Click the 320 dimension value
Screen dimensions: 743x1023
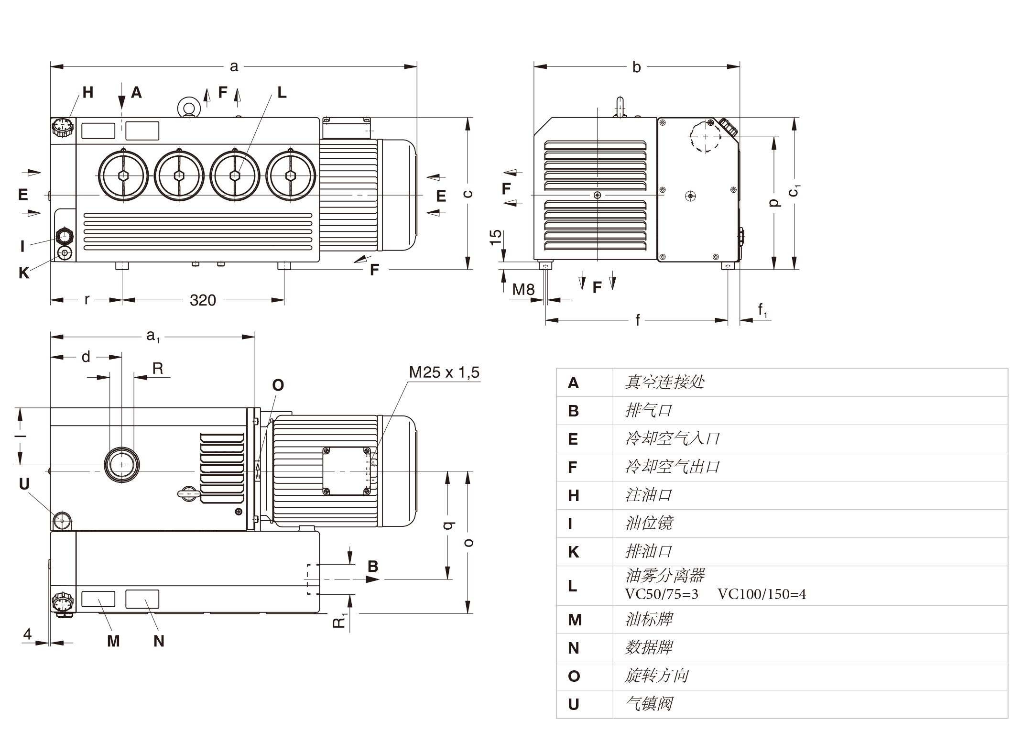click(x=203, y=300)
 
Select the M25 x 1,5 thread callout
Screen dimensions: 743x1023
click(x=444, y=372)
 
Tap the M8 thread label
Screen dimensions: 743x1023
click(x=523, y=289)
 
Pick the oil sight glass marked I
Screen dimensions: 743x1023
click(x=64, y=236)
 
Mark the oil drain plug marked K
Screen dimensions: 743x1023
click(x=65, y=252)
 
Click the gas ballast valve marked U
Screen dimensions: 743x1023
click(x=62, y=520)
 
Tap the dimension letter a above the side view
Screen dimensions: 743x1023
click(x=234, y=66)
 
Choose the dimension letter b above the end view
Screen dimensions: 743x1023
click(x=636, y=67)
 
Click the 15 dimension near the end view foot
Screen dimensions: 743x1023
click(x=496, y=237)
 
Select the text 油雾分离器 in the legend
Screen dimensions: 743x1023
click(x=664, y=576)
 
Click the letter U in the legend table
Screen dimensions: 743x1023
click(x=574, y=704)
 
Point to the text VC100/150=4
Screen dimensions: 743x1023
click(x=762, y=594)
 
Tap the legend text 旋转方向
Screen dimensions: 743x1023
click(x=656, y=676)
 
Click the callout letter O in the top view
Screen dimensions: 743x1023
click(x=278, y=385)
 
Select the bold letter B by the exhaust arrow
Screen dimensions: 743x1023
click(x=373, y=566)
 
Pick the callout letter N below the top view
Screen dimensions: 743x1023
click(x=159, y=641)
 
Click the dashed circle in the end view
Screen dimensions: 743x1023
click(x=705, y=137)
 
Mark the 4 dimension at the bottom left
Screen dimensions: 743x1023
click(x=27, y=634)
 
